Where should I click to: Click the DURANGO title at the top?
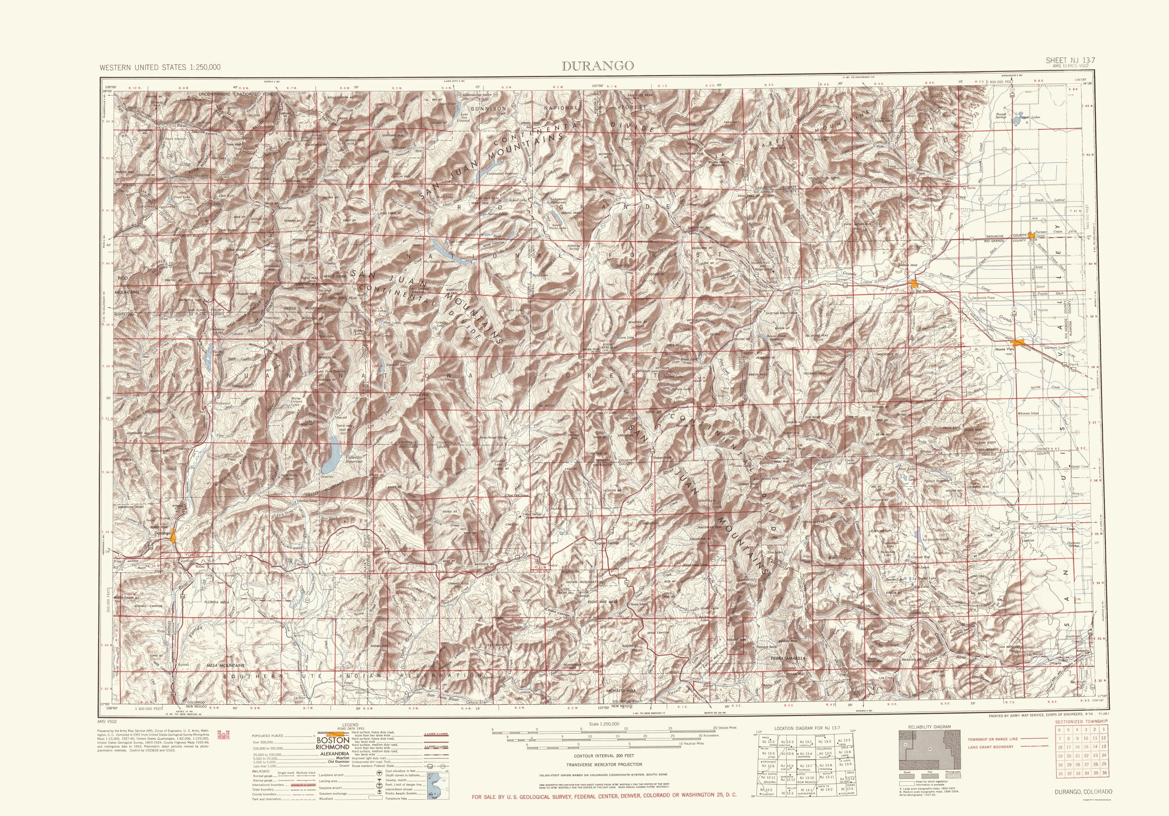(x=598, y=66)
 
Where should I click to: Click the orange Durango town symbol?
(x=174, y=534)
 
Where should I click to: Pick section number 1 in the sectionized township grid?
(x=1104, y=730)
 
